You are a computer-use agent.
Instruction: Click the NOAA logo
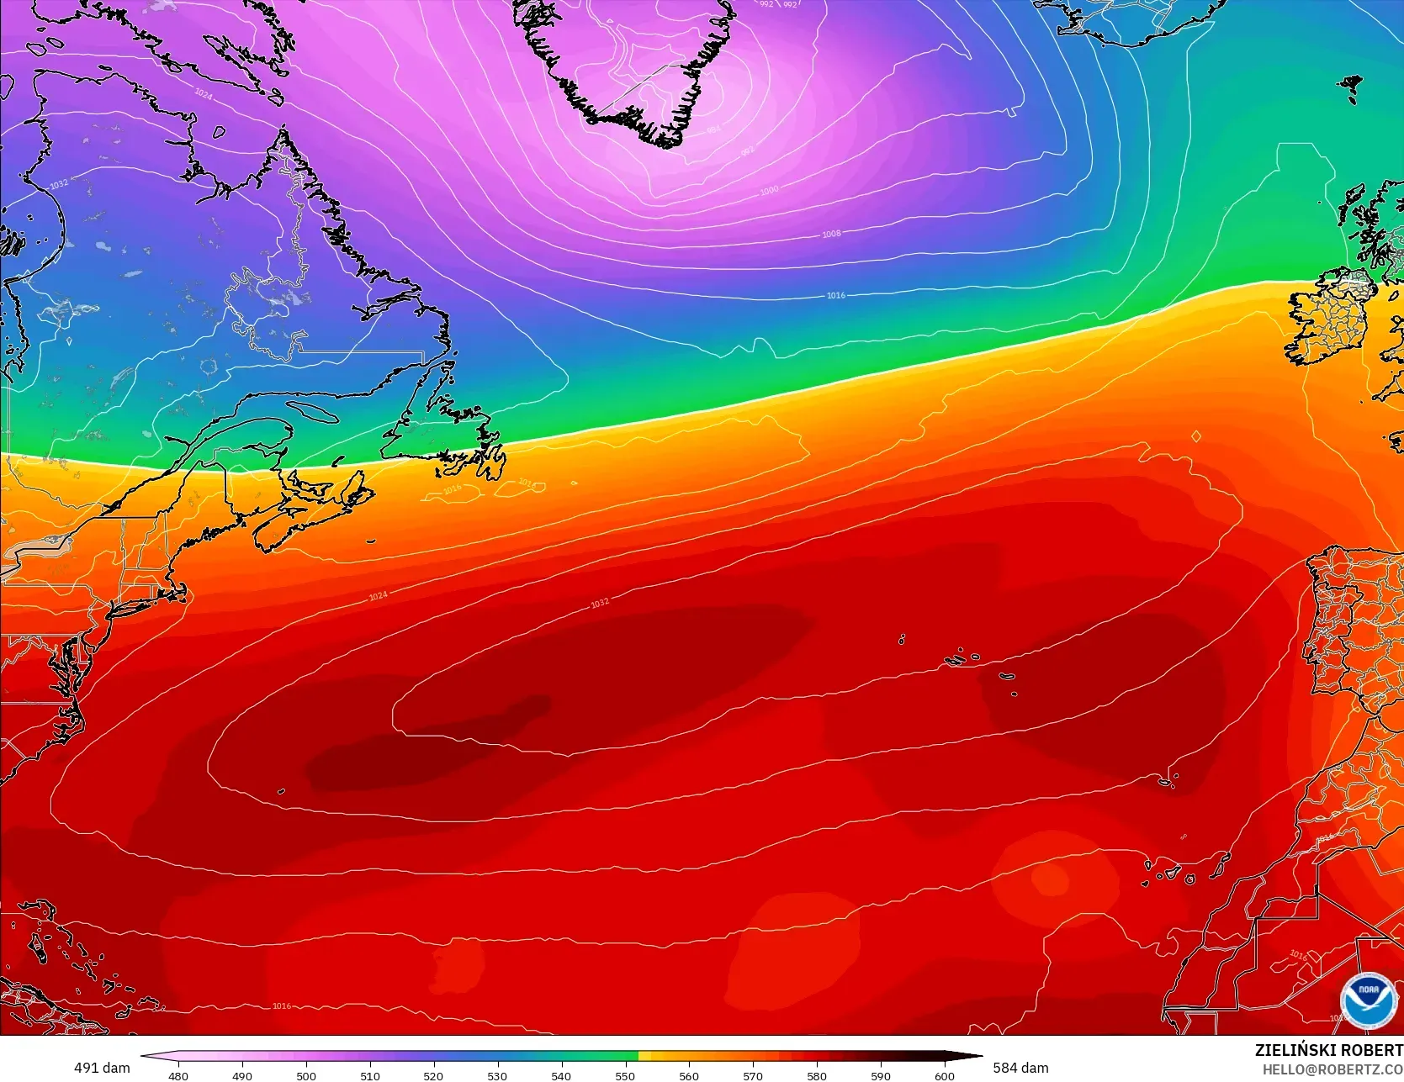[x=1368, y=1001]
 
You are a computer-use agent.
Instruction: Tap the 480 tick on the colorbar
[x=178, y=1075]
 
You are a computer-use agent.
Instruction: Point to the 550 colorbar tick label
[x=625, y=1075]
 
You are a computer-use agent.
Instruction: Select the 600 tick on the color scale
[x=944, y=1075]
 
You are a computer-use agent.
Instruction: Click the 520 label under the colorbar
[x=433, y=1075]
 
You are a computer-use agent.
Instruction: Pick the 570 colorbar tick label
[x=753, y=1075]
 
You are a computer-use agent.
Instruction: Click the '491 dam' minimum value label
[x=102, y=1068]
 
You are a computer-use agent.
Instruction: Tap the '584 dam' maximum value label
[x=1020, y=1068]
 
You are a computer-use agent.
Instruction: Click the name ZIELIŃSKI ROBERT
[x=1328, y=1050]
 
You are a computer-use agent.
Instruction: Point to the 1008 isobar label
[x=831, y=234]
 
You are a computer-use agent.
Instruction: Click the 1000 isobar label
[x=769, y=191]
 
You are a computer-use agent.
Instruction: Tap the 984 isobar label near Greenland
[x=713, y=129]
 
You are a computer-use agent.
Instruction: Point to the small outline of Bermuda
[x=281, y=790]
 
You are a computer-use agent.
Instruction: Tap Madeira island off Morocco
[x=1166, y=782]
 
